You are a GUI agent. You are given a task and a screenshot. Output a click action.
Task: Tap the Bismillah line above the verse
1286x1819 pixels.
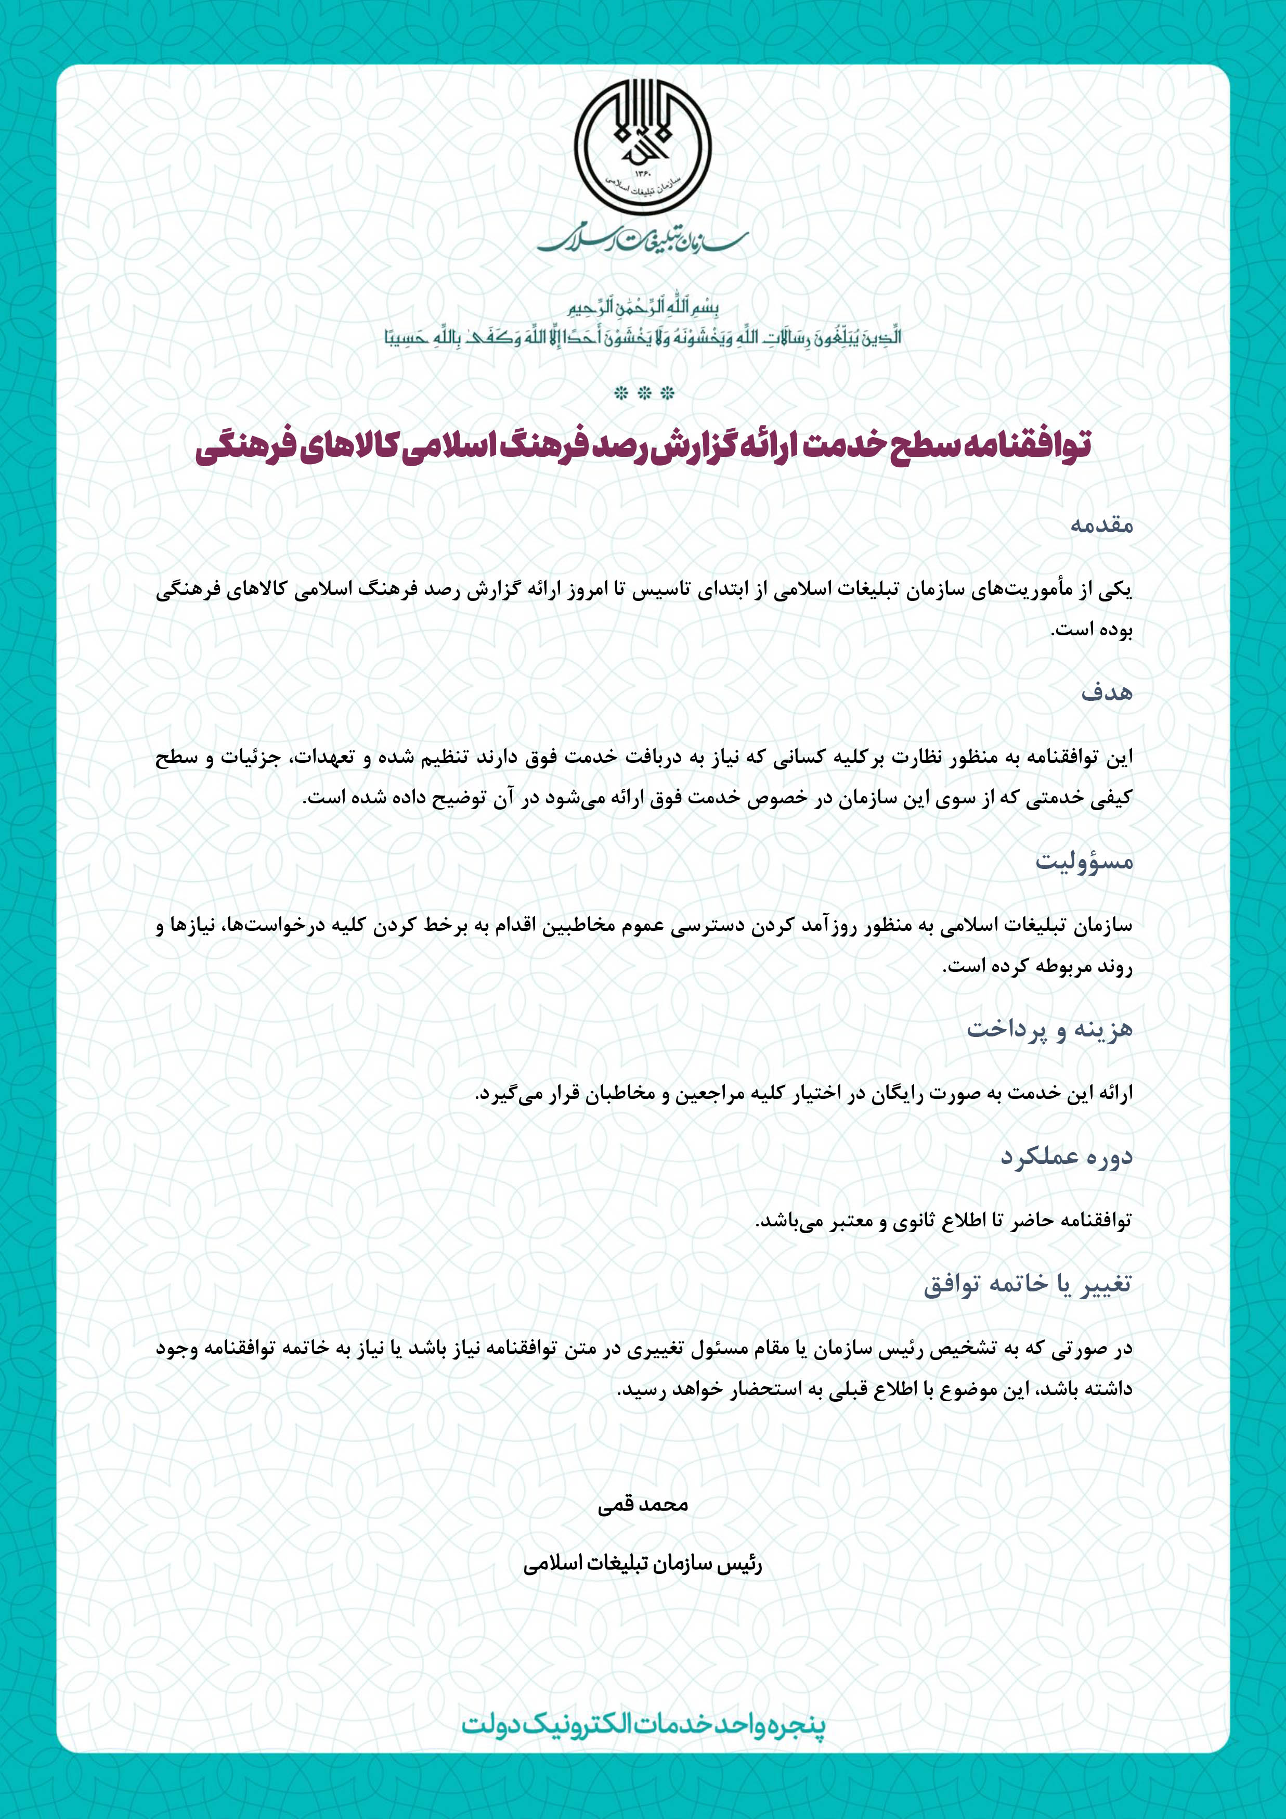[x=643, y=308]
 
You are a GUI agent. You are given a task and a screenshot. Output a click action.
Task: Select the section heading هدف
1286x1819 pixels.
[x=1107, y=693]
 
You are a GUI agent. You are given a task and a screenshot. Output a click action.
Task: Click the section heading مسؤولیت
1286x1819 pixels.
[x=1084, y=861]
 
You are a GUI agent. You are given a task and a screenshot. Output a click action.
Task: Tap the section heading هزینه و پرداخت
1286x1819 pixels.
[x=1049, y=1029]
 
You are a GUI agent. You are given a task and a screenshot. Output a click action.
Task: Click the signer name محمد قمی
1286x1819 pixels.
[x=643, y=1505]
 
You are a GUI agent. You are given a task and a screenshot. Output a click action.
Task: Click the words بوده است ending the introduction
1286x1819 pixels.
[x=1090, y=631]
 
